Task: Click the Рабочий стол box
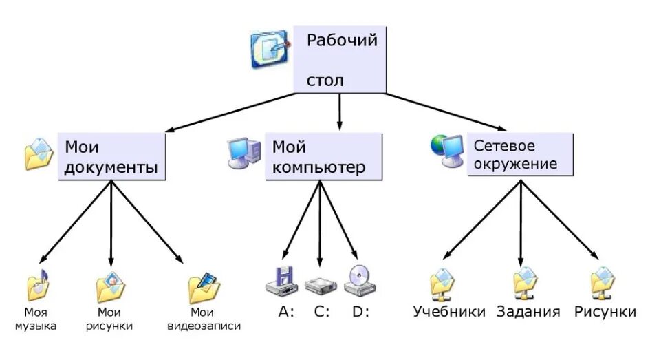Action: point(340,59)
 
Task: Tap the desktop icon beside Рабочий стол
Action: point(269,49)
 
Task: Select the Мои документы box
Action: point(112,157)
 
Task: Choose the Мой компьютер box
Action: point(323,157)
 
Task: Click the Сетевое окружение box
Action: point(520,154)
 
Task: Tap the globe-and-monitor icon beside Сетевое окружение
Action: point(447,149)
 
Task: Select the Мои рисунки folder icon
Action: point(109,288)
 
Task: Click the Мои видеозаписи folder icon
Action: point(203,288)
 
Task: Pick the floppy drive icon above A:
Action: point(281,280)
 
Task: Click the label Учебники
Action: point(449,311)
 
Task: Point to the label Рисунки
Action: point(605,311)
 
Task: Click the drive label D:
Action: point(360,311)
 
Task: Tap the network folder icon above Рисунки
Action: point(603,284)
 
